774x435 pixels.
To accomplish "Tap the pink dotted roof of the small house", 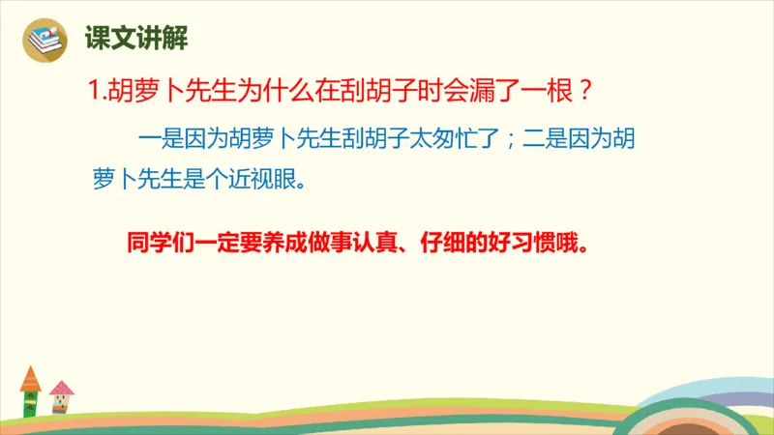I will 62,389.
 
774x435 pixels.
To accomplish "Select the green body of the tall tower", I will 31,401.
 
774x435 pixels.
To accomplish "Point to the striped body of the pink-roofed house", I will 62,407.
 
